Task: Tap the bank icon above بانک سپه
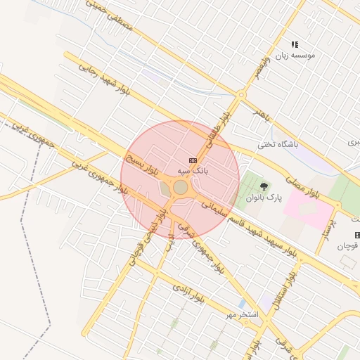click(193, 161)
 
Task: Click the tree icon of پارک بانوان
click(264, 186)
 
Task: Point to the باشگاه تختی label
click(277, 145)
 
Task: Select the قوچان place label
click(347, 245)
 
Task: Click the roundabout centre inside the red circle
click(181, 187)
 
